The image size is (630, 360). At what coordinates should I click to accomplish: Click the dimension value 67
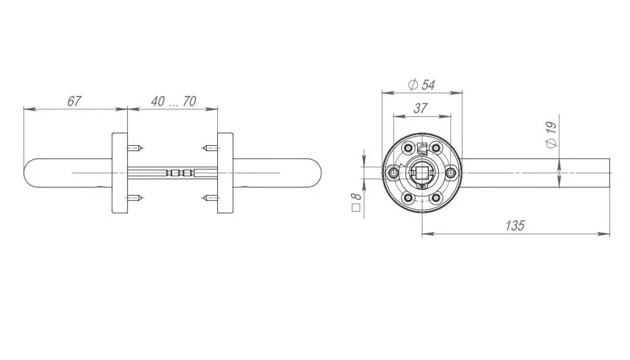(74, 101)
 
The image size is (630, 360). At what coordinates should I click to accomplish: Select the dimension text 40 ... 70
(173, 102)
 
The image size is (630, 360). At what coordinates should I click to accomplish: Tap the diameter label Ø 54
(421, 85)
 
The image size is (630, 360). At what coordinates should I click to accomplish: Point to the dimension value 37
(420, 108)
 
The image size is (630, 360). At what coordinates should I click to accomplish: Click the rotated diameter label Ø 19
(552, 135)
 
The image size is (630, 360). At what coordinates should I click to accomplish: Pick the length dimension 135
(515, 225)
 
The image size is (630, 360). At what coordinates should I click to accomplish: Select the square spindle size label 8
(356, 202)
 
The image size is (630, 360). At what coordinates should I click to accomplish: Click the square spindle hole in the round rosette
(422, 173)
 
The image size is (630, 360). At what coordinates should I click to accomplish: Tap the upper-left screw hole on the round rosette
(409, 148)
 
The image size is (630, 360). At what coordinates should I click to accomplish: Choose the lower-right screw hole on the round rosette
(436, 198)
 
